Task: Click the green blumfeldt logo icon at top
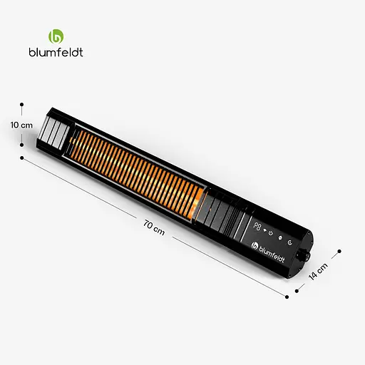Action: pos(56,36)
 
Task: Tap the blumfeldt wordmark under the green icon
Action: pos(56,51)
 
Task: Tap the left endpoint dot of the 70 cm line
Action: pos(22,158)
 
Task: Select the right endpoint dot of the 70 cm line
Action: pos(292,291)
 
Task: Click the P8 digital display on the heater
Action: pos(258,229)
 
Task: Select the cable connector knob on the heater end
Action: pos(309,255)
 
